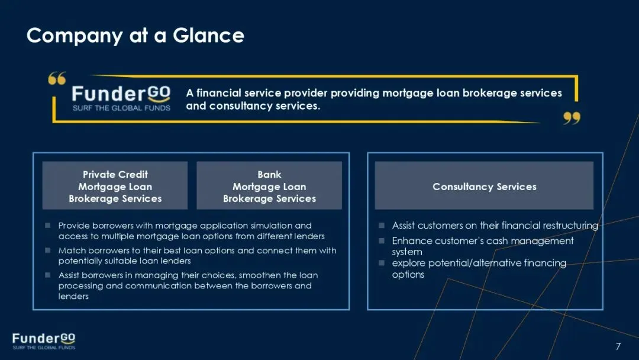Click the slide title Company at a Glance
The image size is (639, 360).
tap(135, 36)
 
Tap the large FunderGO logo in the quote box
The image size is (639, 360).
tap(121, 94)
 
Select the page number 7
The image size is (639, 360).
tap(618, 346)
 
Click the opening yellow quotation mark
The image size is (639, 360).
tap(57, 79)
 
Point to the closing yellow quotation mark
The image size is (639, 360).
tap(572, 118)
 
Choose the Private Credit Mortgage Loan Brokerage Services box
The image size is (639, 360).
tap(115, 186)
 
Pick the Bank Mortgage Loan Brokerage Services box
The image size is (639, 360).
tap(269, 186)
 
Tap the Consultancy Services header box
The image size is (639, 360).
tap(484, 186)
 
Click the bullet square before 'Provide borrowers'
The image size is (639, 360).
tap(48, 226)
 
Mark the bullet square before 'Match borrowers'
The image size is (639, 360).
tap(48, 250)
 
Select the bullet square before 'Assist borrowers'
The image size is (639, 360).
tap(48, 275)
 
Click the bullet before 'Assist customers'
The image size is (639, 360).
tap(382, 226)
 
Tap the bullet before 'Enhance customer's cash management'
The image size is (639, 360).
tap(382, 241)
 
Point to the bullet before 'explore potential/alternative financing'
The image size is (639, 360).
tap(382, 263)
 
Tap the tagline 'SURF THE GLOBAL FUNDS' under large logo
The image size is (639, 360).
tap(121, 108)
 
